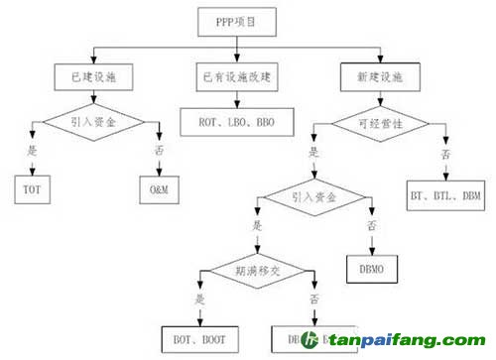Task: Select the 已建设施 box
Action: click(92, 76)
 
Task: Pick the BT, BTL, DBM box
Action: click(445, 196)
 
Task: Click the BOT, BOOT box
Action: click(195, 337)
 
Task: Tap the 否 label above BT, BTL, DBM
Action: click(444, 156)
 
